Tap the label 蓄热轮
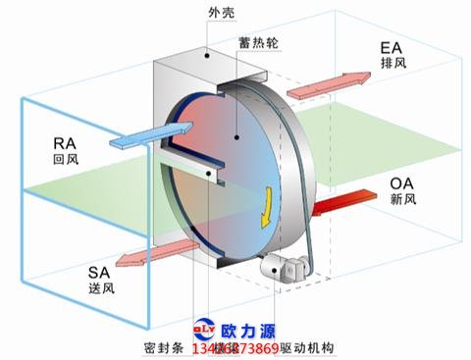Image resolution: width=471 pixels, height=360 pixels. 257,44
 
